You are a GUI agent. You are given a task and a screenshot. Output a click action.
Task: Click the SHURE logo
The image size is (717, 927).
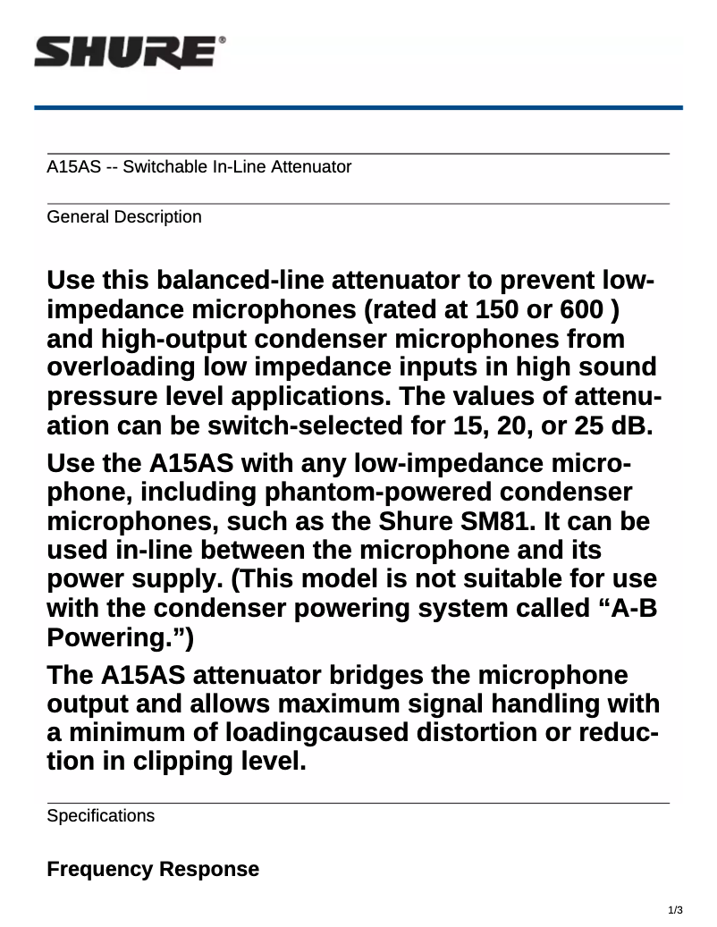click(124, 53)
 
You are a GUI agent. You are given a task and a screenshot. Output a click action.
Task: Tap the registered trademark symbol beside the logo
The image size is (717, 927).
click(222, 41)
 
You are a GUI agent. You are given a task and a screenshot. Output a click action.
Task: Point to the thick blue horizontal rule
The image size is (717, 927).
click(358, 107)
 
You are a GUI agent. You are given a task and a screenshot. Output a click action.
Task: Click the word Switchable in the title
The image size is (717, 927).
click(157, 167)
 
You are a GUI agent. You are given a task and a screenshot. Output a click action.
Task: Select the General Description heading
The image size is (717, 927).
click(123, 217)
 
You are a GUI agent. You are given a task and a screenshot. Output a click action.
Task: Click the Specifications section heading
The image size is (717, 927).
click(100, 816)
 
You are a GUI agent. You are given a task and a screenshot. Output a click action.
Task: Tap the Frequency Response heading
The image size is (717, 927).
click(153, 869)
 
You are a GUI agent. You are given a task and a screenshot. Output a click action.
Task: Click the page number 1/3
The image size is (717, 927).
click(676, 911)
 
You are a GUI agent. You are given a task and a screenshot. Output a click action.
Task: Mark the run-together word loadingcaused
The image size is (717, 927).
click(318, 732)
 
